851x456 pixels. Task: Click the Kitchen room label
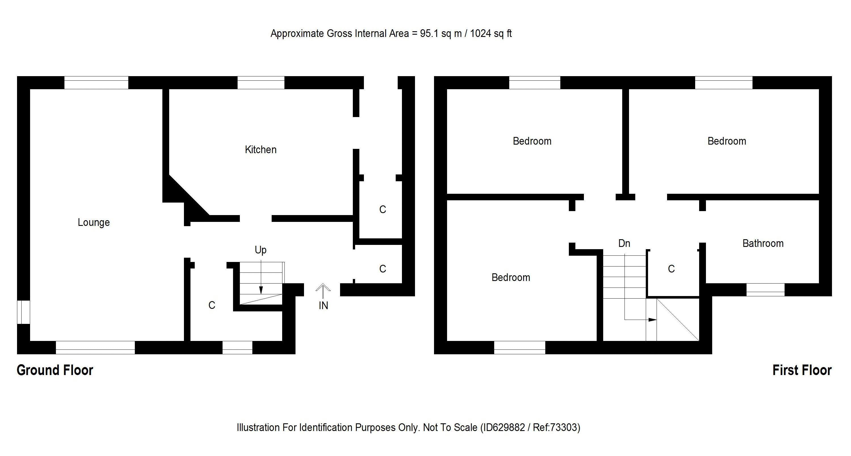click(x=260, y=149)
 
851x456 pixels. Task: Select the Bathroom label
click(x=763, y=243)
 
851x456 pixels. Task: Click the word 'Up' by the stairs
click(x=260, y=250)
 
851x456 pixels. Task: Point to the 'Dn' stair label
click(x=624, y=243)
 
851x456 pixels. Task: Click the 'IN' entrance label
click(x=323, y=305)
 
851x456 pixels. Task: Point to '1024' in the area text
click(x=481, y=34)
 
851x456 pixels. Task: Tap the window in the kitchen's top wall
click(x=261, y=83)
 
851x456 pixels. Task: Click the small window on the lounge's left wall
click(x=24, y=312)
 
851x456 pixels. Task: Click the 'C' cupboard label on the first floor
click(x=671, y=269)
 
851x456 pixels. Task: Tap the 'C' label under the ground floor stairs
click(x=212, y=305)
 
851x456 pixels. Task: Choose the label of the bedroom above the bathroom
click(x=726, y=141)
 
